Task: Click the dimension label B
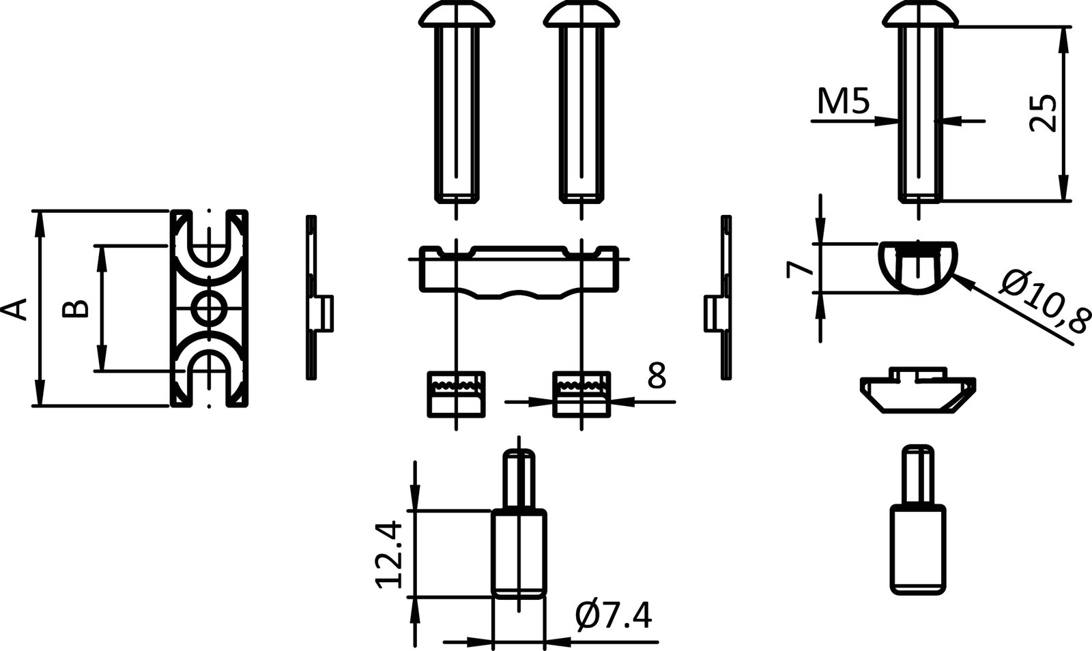[x=74, y=308]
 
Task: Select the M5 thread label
[x=844, y=102]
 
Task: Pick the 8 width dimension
[x=656, y=376]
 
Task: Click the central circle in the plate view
[x=208, y=308]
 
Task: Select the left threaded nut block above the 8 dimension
[x=456, y=394]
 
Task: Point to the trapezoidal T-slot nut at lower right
[x=918, y=392]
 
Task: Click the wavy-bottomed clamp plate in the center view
[x=518, y=273]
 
